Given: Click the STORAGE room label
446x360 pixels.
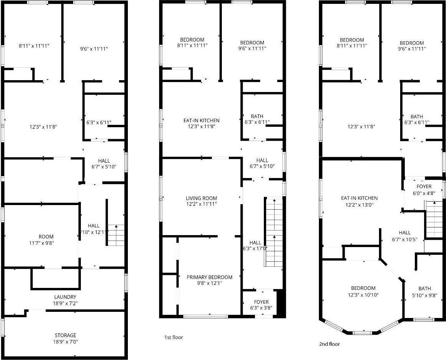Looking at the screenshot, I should (65, 335).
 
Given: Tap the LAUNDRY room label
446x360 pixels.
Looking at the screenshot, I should (65, 297).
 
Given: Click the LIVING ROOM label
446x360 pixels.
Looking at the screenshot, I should (201, 199).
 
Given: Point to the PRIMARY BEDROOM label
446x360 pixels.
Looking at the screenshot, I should (210, 277).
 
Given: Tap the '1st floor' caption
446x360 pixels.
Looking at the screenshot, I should (174, 338).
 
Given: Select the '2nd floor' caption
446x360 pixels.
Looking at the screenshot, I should (329, 344).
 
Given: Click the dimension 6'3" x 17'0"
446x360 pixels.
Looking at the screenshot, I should (255, 249).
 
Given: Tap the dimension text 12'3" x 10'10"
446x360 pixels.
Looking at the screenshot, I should (363, 295).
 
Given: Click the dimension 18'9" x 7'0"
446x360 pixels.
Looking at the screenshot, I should (65, 341).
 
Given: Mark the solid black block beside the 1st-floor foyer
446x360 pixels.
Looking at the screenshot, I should (281, 303).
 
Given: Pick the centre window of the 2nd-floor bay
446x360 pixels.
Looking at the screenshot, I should (362, 332).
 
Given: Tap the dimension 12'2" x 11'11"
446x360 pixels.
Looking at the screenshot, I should (201, 204).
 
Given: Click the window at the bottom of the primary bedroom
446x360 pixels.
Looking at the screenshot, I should (205, 316).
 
